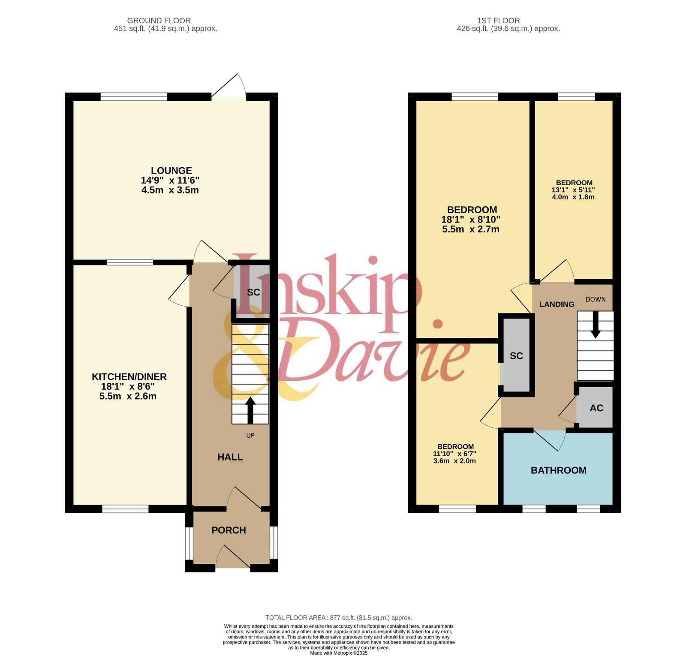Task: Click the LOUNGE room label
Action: (171, 171)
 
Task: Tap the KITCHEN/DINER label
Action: (129, 377)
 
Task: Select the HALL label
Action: (230, 457)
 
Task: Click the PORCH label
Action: (229, 530)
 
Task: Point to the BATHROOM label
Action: (559, 470)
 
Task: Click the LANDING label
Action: (557, 304)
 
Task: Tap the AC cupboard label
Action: (596, 408)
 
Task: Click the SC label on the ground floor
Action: (253, 292)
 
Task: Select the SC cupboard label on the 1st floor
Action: (516, 356)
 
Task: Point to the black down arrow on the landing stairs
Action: (596, 325)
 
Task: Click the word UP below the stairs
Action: (250, 436)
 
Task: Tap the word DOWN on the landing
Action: (596, 299)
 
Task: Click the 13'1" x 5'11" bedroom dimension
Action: (573, 190)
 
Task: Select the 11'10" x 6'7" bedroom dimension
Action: (454, 454)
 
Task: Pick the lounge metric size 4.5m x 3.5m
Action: (170, 190)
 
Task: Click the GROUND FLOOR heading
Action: (159, 21)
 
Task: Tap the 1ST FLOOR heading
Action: (498, 21)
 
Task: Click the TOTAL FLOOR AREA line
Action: (339, 618)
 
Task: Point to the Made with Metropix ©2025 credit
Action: (339, 653)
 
